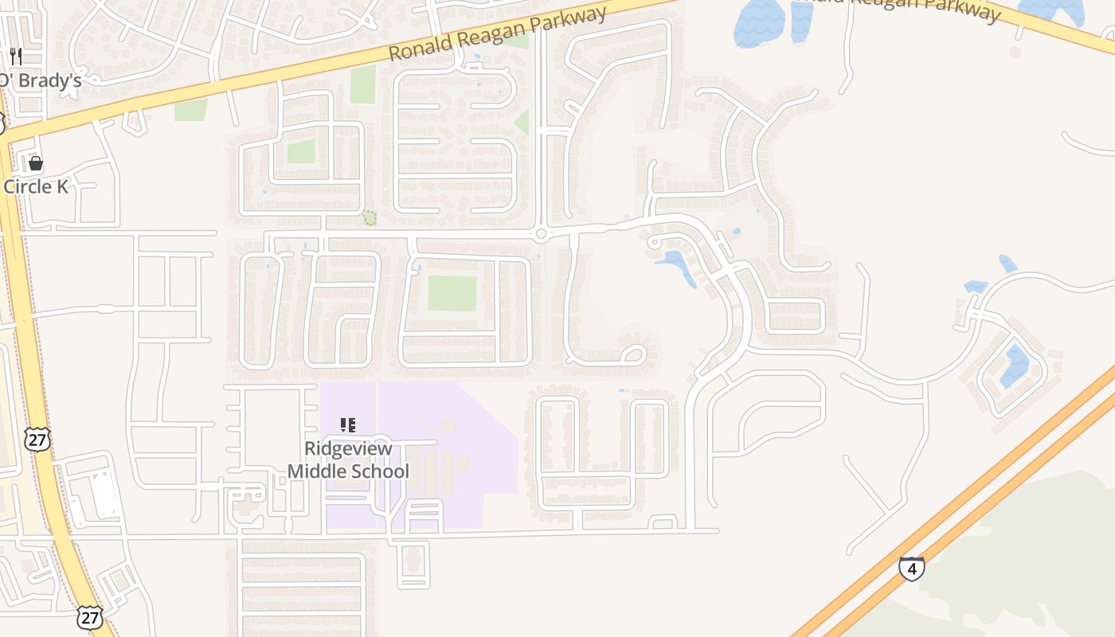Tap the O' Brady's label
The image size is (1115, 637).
[41, 80]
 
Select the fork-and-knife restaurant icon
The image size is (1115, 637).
[16, 57]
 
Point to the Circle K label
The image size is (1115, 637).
[37, 186]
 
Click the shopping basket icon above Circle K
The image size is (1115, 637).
[36, 163]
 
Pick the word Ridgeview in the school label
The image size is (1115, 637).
[348, 448]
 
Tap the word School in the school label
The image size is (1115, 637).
[379, 471]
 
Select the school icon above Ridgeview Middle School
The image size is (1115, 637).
[347, 425]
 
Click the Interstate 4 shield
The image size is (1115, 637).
[912, 569]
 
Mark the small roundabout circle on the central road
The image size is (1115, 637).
[541, 234]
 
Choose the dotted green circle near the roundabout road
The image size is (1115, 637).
[370, 217]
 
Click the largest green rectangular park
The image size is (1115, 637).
[452, 293]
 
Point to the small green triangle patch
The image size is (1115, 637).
[522, 122]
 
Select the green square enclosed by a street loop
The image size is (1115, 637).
[301, 150]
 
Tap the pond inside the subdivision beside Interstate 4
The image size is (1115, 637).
[1015, 365]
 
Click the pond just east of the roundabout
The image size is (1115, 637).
[678, 264]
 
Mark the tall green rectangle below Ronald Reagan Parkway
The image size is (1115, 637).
[362, 84]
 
